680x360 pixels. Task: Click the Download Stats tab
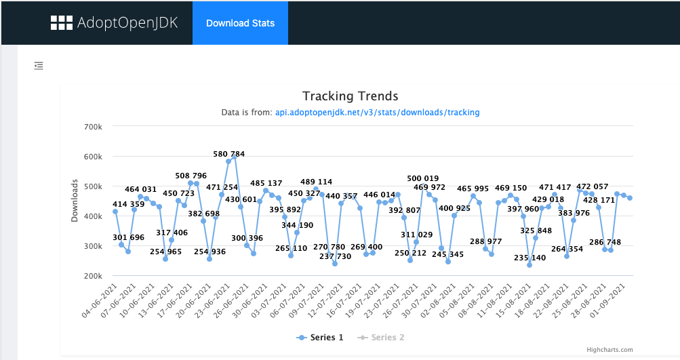(x=240, y=23)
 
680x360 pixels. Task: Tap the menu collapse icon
(x=39, y=66)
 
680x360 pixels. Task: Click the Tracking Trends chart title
(x=350, y=96)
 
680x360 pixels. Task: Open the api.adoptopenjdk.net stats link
(x=377, y=113)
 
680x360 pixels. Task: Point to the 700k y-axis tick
(x=93, y=127)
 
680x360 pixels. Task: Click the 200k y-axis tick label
(x=93, y=276)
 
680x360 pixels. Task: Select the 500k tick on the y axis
(x=93, y=186)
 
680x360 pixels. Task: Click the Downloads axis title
(x=75, y=201)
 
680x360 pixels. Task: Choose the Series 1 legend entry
(x=321, y=338)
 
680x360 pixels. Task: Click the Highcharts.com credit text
(x=609, y=350)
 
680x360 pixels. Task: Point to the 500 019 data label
(x=422, y=178)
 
